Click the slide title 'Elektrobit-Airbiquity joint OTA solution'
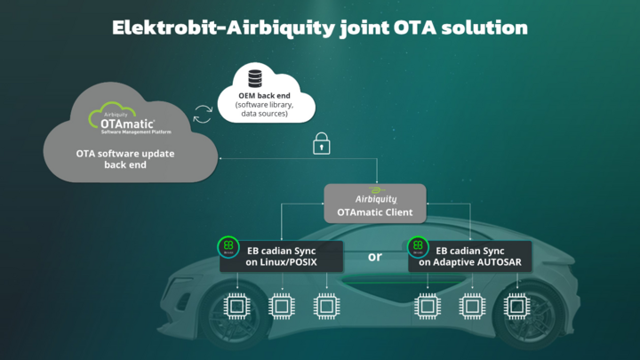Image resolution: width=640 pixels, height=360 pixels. point(319,27)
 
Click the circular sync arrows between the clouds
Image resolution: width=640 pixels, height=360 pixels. point(203,113)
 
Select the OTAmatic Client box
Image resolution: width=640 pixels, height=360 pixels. point(374,203)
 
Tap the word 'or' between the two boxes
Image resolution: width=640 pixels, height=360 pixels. point(374,257)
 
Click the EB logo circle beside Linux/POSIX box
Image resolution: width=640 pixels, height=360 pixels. point(228,247)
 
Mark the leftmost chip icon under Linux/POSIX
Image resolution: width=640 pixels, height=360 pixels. point(236,307)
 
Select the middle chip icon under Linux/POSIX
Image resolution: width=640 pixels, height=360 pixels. point(282,307)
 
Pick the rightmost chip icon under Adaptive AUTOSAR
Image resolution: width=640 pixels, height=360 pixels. point(516,307)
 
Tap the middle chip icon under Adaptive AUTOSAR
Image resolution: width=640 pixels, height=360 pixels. point(472,307)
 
